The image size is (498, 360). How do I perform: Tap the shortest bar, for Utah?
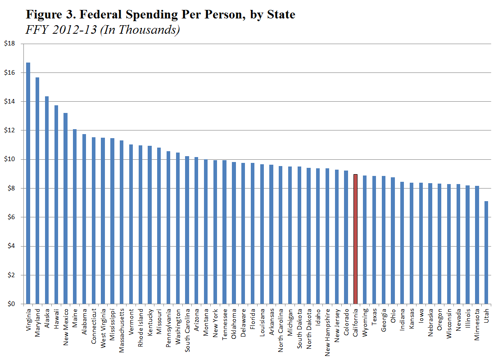click(x=486, y=252)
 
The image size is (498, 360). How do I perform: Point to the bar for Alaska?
click(x=46, y=200)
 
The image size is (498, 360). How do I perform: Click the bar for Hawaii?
click(x=56, y=205)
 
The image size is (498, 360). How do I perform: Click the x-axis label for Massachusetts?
click(x=122, y=327)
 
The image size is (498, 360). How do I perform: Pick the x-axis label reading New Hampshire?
click(x=327, y=330)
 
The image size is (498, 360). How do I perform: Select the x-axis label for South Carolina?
click(x=187, y=329)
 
